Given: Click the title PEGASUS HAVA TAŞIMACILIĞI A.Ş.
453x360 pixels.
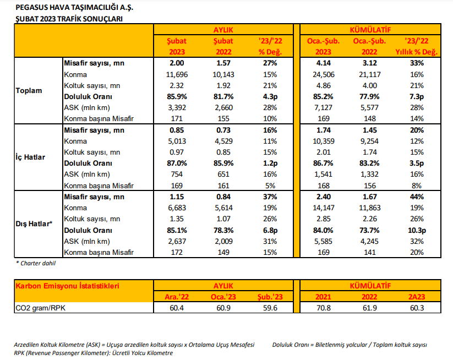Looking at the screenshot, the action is pyautogui.click(x=74, y=8).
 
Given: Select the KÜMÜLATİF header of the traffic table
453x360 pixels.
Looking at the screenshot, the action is pyautogui.click(x=370, y=30).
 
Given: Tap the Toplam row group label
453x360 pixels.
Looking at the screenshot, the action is pyautogui.click(x=29, y=91).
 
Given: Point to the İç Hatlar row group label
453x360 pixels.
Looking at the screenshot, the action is pyautogui.click(x=30, y=157).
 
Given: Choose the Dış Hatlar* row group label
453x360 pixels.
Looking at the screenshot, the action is pyautogui.click(x=34, y=224).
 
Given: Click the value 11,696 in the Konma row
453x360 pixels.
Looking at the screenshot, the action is pyautogui.click(x=177, y=74).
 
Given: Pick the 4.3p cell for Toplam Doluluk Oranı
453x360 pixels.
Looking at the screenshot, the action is pyautogui.click(x=270, y=97).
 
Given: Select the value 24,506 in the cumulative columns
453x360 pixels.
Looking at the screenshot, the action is pyautogui.click(x=323, y=74).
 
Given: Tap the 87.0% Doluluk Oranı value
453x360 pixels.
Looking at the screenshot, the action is pyautogui.click(x=177, y=163).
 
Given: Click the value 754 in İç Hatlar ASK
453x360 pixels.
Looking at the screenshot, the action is pyautogui.click(x=177, y=174).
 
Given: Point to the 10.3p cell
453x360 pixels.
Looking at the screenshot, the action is pyautogui.click(x=417, y=230).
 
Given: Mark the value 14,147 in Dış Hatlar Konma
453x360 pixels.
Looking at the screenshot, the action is pyautogui.click(x=323, y=208).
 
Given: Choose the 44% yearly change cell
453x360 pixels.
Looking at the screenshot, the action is pyautogui.click(x=417, y=197).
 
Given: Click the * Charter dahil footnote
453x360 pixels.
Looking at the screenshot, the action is pyautogui.click(x=36, y=263).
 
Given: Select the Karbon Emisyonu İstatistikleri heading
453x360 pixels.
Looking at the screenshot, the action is pyautogui.click(x=67, y=286).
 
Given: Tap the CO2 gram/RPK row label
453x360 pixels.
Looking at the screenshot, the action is pyautogui.click(x=40, y=308).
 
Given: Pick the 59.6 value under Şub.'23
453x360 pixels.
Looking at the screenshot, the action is pyautogui.click(x=270, y=308).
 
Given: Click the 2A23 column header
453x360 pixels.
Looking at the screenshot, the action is pyautogui.click(x=417, y=297).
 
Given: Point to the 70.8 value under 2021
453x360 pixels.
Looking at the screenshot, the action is pyautogui.click(x=323, y=308).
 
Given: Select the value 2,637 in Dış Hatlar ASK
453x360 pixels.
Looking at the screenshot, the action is pyautogui.click(x=177, y=241).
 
